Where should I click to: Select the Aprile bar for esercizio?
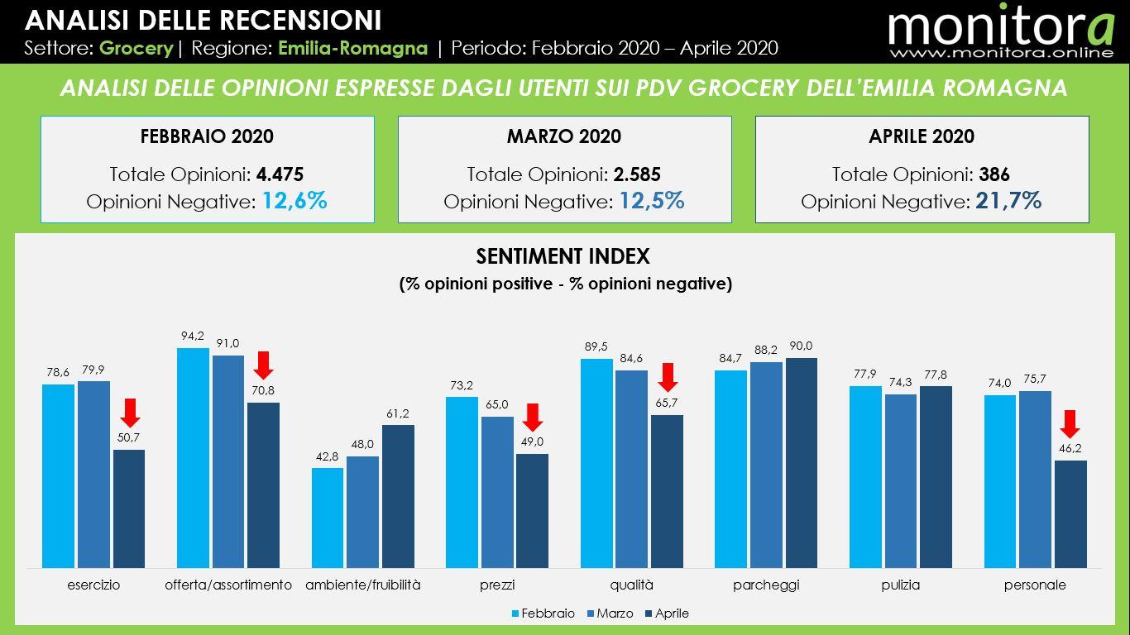click(x=129, y=508)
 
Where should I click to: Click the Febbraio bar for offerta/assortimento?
click(x=193, y=458)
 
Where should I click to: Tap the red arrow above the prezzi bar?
click(x=532, y=417)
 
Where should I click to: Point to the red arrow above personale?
click(x=1070, y=423)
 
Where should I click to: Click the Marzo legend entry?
click(x=609, y=614)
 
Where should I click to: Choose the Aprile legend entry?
click(x=667, y=614)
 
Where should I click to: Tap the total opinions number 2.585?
click(x=637, y=174)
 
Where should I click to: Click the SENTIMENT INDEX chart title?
click(x=563, y=256)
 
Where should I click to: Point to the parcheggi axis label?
click(x=766, y=585)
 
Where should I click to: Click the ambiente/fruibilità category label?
click(x=363, y=585)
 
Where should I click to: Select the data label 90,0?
click(x=801, y=346)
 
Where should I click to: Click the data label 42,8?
click(x=328, y=456)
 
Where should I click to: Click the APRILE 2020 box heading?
click(x=922, y=136)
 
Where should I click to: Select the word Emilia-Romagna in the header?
click(x=353, y=48)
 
